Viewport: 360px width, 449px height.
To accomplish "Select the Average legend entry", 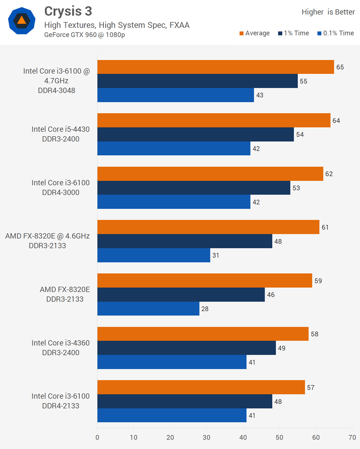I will pyautogui.click(x=254, y=33).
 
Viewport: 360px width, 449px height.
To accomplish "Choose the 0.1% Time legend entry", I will pyautogui.click(x=335, y=33).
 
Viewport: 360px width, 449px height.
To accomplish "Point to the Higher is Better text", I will pyautogui.click(x=328, y=12).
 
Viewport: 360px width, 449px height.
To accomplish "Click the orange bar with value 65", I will pyautogui.click(x=215, y=67).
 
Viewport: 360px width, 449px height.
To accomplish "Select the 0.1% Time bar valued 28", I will pyautogui.click(x=148, y=308).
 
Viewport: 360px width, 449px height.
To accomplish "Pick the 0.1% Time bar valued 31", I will pyautogui.click(x=153, y=255).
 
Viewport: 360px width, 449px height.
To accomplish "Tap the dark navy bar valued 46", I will pyautogui.click(x=181, y=295).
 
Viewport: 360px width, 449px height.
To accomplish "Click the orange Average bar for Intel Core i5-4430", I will pyautogui.click(x=214, y=121).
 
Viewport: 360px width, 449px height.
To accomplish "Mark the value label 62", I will pyautogui.click(x=329, y=174).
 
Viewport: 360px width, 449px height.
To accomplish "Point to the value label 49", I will pyautogui.click(x=281, y=348).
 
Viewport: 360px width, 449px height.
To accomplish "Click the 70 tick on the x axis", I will pyautogui.click(x=352, y=437).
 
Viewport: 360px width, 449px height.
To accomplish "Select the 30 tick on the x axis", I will pyautogui.click(x=207, y=437).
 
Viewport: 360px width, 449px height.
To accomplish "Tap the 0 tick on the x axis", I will pyautogui.click(x=97, y=437).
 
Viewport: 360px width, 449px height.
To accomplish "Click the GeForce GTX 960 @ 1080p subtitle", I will pyautogui.click(x=85, y=35).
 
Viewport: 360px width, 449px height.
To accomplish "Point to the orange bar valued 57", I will pyautogui.click(x=201, y=387).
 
